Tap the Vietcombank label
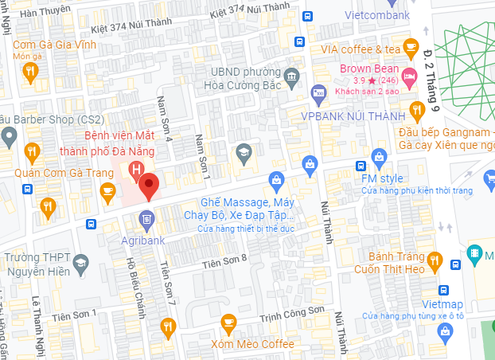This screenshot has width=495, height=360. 377,15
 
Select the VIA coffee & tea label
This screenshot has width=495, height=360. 360,49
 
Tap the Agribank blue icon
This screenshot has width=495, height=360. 146,217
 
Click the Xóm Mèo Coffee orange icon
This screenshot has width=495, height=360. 229,323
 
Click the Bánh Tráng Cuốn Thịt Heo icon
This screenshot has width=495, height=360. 435,259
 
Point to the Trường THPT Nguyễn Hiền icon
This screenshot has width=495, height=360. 80,262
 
